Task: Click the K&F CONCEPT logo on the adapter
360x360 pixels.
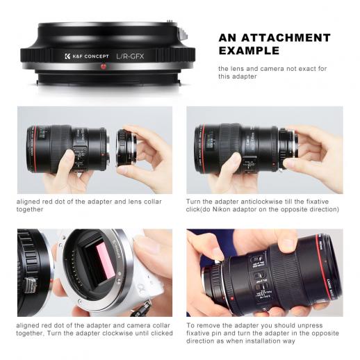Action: pos(87,56)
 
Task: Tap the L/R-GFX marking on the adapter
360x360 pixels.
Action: pos(130,56)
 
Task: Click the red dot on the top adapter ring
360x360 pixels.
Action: pos(103,66)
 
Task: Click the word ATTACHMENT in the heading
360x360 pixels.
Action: pos(286,38)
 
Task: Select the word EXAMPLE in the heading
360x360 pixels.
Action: pos(249,51)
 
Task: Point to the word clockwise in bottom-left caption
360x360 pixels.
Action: pos(117,334)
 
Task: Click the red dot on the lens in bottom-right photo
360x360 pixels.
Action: pos(231,299)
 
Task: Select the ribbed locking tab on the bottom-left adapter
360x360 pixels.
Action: pos(31,285)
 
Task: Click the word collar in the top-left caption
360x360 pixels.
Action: pos(153,202)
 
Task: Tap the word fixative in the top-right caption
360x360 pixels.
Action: pos(318,202)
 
